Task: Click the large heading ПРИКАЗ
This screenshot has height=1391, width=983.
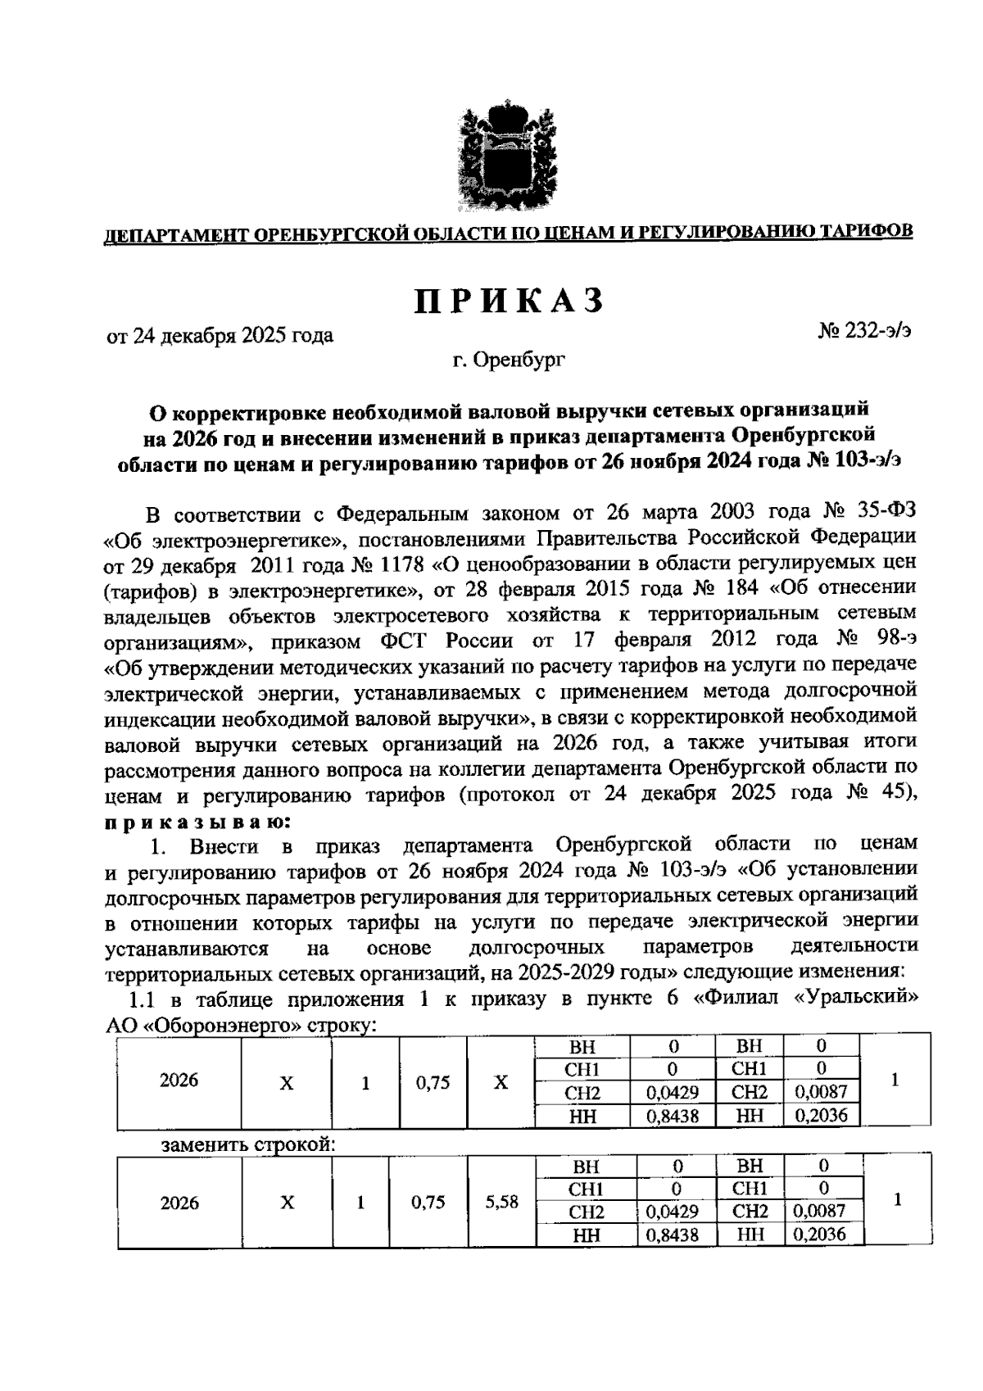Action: click(508, 301)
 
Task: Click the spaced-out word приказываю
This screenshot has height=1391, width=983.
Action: click(197, 820)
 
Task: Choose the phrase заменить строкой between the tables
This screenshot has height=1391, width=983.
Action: click(247, 1144)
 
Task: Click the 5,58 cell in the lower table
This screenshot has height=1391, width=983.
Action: click(501, 1202)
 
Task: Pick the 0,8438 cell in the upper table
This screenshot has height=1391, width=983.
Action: click(672, 1115)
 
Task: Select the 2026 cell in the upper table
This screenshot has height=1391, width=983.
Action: click(179, 1081)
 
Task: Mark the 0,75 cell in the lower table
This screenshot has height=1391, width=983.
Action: click(428, 1202)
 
